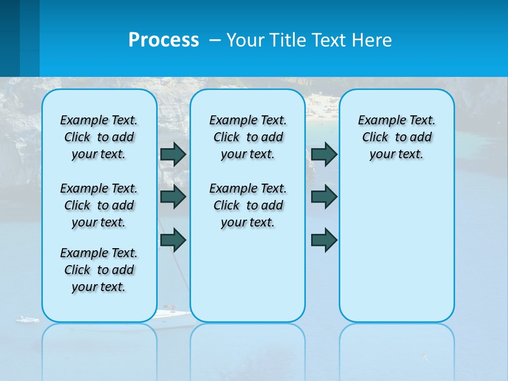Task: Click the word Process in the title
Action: click(164, 40)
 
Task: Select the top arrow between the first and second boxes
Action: click(173, 154)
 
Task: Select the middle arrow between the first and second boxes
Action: click(173, 197)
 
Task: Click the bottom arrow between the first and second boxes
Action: click(173, 241)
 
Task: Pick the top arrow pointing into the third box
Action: click(324, 154)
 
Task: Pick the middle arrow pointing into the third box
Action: click(324, 197)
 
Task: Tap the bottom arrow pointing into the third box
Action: click(324, 241)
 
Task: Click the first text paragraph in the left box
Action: click(99, 137)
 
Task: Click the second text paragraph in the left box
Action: click(99, 205)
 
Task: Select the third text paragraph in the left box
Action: click(99, 270)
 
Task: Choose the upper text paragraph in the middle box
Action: click(248, 137)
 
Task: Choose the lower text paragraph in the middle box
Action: click(248, 205)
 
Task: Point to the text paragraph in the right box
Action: click(396, 137)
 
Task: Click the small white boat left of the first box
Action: click(27, 320)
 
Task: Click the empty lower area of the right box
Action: click(396, 254)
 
